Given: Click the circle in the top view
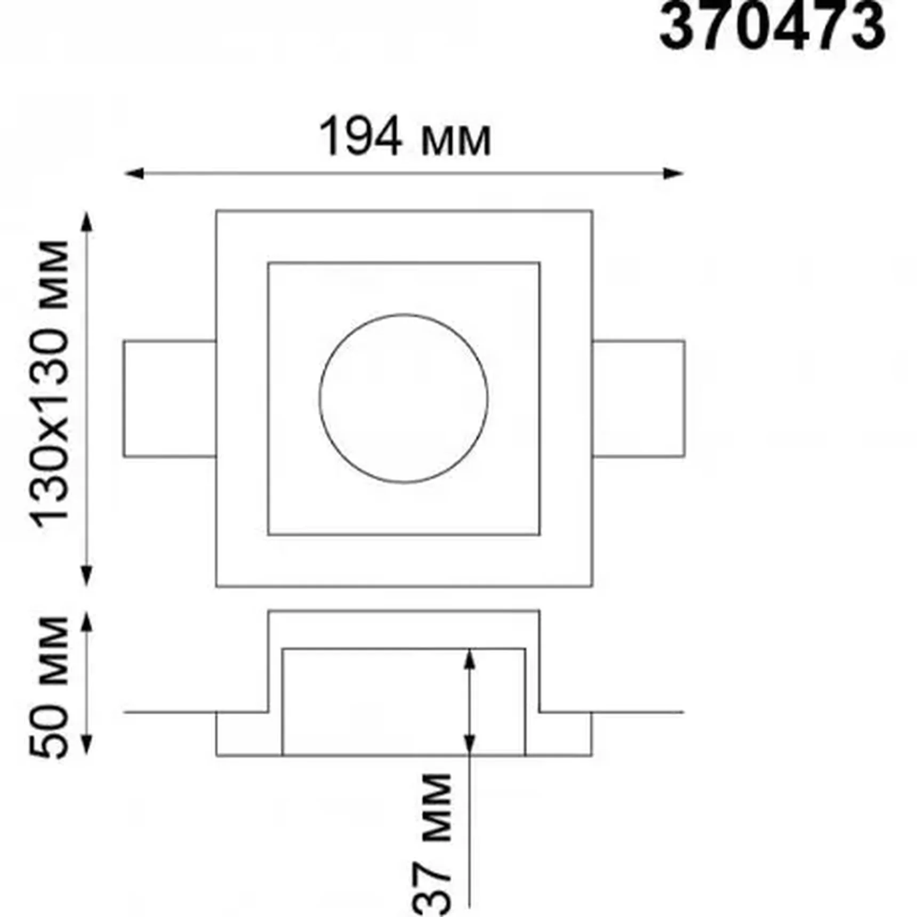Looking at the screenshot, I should [404, 399].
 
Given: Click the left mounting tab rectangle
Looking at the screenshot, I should [170, 399].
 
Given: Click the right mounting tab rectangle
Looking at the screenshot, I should [638, 399].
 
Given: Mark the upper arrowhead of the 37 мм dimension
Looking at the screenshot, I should [469, 658].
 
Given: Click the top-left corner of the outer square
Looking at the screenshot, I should [216, 211].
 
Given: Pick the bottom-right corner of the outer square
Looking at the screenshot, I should [592, 586].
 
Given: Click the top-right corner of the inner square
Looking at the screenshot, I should [540, 263].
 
